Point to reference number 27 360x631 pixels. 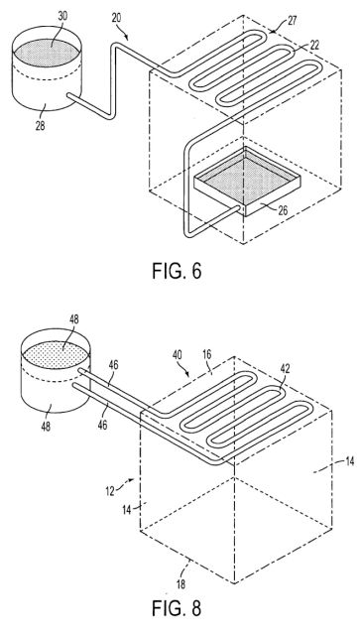[x=292, y=21]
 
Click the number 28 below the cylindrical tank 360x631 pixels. [x=40, y=125]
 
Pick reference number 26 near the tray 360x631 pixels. [x=283, y=210]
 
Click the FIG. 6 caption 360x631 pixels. [x=177, y=271]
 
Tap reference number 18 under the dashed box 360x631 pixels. [x=181, y=584]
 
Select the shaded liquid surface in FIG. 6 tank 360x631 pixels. [x=47, y=52]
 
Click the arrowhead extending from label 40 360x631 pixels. [x=187, y=375]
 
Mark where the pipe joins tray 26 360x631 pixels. [x=240, y=207]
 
